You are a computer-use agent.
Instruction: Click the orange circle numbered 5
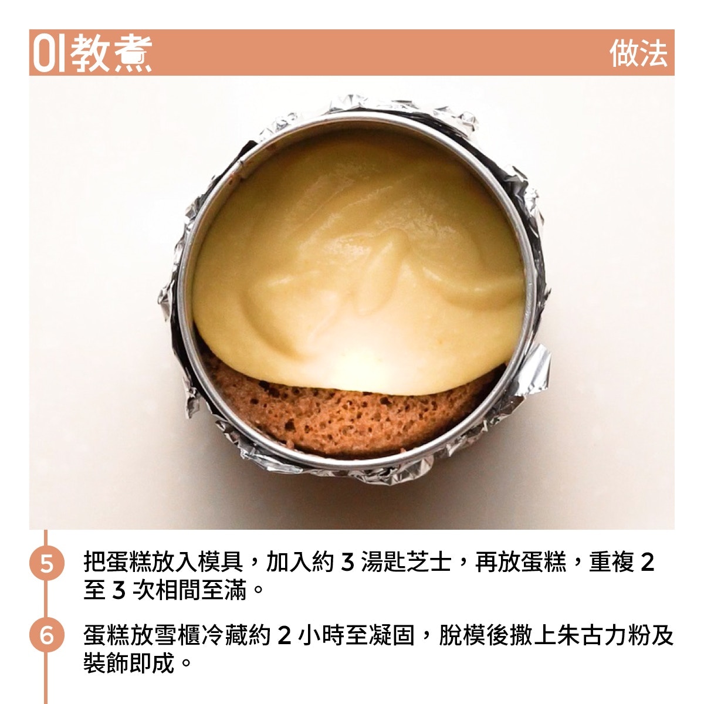47,563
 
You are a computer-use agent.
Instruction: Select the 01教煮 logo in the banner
92,53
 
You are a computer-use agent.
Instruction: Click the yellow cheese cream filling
358,256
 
